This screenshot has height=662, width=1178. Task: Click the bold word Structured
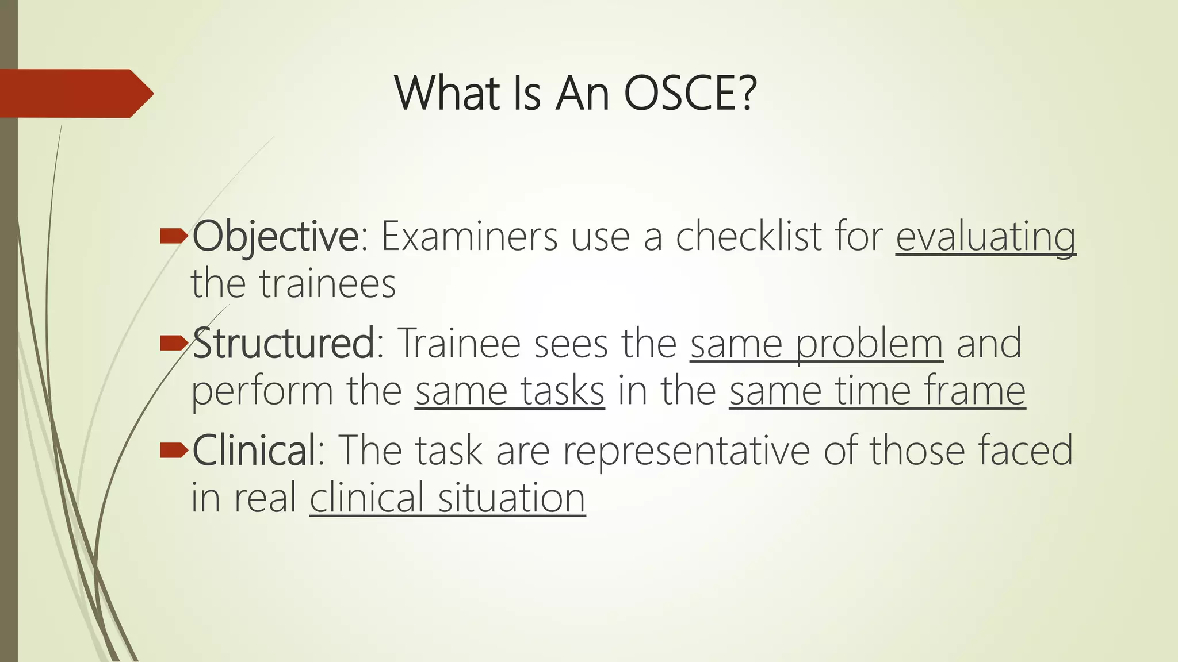click(283, 343)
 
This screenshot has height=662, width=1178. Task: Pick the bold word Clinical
click(254, 450)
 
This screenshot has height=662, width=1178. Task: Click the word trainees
click(327, 284)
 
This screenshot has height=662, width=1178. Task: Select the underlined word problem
click(870, 343)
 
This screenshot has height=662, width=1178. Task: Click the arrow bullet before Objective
click(173, 235)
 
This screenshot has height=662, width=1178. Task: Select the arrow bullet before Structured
click(173, 343)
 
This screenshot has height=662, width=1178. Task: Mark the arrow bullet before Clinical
click(173, 450)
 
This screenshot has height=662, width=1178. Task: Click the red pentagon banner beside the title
click(75, 93)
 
